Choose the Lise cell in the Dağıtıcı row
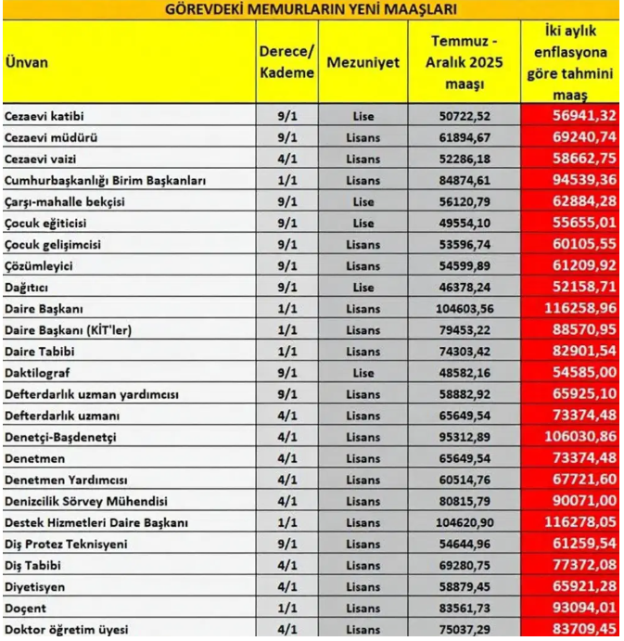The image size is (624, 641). (363, 286)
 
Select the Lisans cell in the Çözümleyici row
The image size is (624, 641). (363, 265)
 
